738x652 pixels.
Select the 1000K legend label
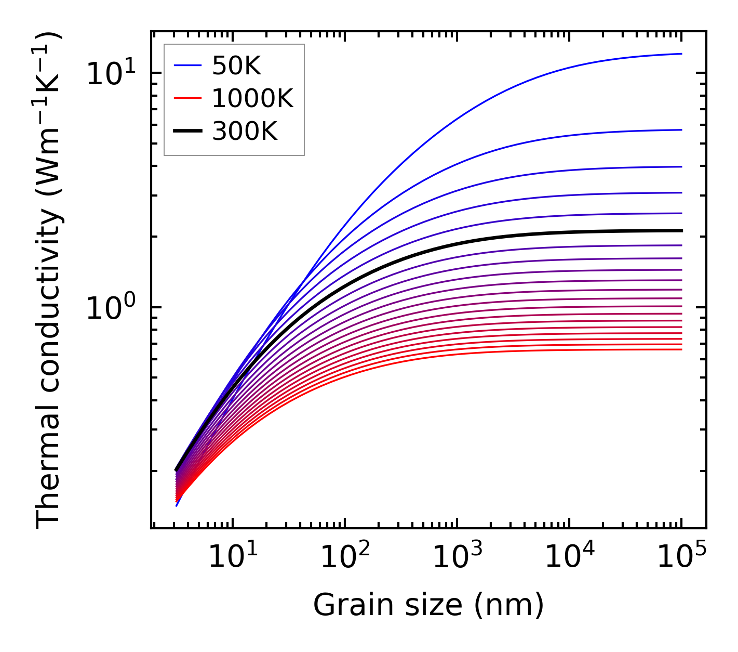click(x=252, y=98)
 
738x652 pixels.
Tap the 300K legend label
click(x=245, y=132)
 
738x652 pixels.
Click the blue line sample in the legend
click(x=187, y=66)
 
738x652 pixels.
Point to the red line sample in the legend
click(x=187, y=98)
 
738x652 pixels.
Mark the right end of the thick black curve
click(x=681, y=230)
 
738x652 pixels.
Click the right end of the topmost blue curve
click(x=681, y=54)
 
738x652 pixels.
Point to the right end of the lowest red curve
click(x=681, y=349)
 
